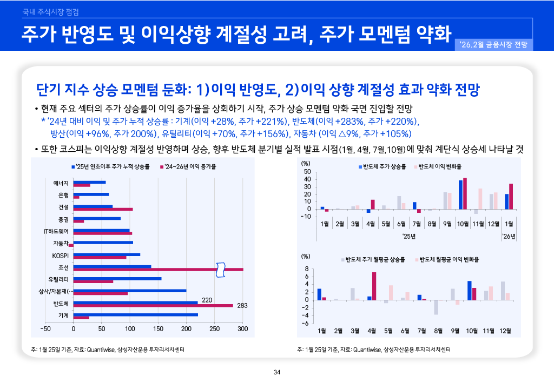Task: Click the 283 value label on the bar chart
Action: click(242, 306)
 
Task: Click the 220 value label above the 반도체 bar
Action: click(206, 299)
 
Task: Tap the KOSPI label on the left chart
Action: click(60, 255)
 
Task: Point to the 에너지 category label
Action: click(61, 184)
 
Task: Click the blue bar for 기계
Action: click(135, 314)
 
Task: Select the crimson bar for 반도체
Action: click(153, 306)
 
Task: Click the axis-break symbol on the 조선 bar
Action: click(220, 270)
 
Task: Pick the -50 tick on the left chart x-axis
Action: click(45, 328)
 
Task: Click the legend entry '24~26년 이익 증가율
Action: click(188, 166)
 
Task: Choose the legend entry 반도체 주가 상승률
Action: click(384, 166)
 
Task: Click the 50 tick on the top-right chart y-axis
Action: click(307, 172)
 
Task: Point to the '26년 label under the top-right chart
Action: click(508, 236)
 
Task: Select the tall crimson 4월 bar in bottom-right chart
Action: click(374, 286)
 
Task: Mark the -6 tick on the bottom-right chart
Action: click(306, 323)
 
